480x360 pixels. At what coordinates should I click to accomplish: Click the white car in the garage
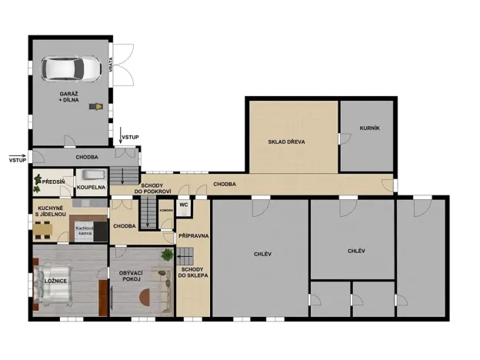[72, 68]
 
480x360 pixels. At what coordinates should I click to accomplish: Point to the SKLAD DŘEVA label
[286, 142]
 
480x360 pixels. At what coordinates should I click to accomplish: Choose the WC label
[184, 205]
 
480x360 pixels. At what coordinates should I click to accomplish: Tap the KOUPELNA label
[90, 186]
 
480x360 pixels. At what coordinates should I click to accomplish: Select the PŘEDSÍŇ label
[54, 182]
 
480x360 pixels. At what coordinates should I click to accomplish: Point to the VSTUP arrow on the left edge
[18, 156]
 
